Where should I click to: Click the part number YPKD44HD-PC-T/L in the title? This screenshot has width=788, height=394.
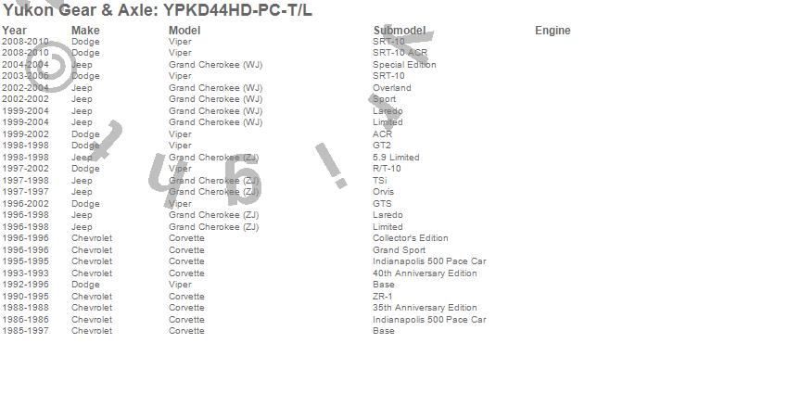238,11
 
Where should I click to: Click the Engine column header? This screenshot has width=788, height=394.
553,31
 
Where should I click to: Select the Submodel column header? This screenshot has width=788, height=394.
399,31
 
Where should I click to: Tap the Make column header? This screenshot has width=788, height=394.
85,31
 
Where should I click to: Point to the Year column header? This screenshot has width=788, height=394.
14,31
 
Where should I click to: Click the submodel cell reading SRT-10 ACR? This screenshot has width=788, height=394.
400,53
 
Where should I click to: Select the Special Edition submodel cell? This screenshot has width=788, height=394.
404,65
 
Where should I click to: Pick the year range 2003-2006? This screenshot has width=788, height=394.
25,76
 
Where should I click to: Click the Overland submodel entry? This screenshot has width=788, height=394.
391,88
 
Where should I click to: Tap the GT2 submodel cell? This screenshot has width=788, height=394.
382,146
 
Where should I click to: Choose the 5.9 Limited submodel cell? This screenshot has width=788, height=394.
396,158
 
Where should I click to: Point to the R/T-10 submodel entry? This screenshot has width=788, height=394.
387,169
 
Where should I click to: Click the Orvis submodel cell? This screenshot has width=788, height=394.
383,192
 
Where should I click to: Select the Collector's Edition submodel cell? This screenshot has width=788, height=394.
410,238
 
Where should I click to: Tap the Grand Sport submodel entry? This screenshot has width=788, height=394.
399,250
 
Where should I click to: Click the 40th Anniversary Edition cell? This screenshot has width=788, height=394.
425,273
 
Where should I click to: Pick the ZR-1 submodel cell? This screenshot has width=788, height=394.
382,297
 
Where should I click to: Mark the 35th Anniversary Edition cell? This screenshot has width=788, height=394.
425,308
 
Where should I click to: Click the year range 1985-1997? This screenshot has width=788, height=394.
25,331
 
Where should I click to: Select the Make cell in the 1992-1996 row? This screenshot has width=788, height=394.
85,285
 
